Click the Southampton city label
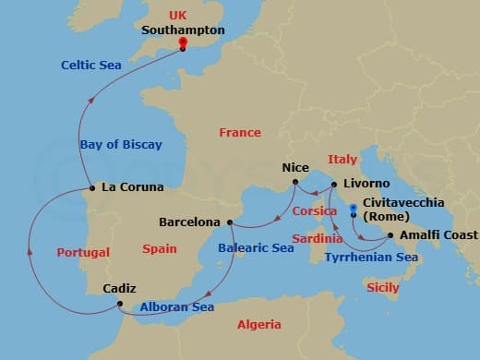(x=183, y=30)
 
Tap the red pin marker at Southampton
(x=183, y=42)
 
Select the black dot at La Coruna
(x=91, y=188)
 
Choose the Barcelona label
(x=189, y=222)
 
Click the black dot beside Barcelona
(x=229, y=222)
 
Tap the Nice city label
(x=294, y=169)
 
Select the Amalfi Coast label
(x=438, y=235)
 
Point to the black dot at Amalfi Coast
(x=390, y=235)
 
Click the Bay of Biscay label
(x=121, y=144)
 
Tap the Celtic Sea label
(x=91, y=65)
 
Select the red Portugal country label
(x=83, y=252)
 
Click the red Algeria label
(x=259, y=324)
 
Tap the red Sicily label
(x=383, y=288)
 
